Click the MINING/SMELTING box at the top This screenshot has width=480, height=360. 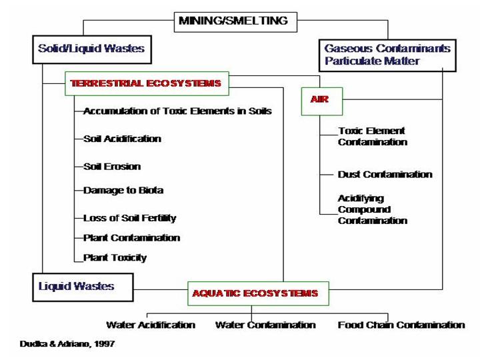coord(233,21)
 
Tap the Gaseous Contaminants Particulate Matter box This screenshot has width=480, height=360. coord(387,55)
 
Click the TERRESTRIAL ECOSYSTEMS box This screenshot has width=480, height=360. coord(146,84)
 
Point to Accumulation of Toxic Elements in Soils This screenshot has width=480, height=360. coord(177,111)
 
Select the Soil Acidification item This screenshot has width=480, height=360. coord(122,139)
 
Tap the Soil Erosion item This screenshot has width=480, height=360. coord(112,166)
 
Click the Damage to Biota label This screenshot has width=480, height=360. coord(123,190)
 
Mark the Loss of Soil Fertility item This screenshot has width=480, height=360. coord(129,217)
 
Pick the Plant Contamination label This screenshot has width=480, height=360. coord(131,237)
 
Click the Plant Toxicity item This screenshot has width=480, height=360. coord(115,257)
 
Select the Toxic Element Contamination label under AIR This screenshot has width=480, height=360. coord(372,136)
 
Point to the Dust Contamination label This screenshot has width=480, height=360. coord(385,174)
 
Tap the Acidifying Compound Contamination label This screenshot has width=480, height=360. coord(372,209)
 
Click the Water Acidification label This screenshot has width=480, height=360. coord(151,325)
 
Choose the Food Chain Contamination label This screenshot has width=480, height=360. coord(401,325)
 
